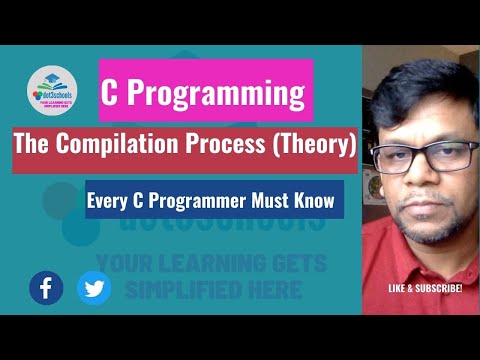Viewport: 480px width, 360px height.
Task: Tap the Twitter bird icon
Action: [x=95, y=288]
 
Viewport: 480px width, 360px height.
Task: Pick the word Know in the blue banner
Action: [x=314, y=199]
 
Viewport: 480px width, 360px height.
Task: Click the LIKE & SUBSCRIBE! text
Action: [x=425, y=289]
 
